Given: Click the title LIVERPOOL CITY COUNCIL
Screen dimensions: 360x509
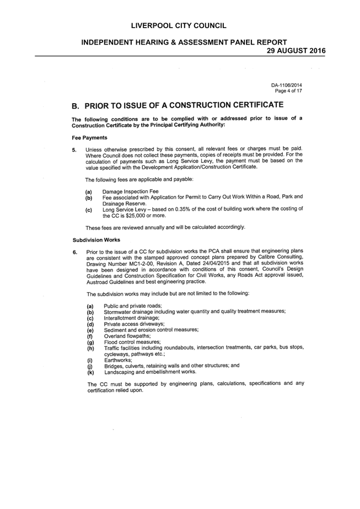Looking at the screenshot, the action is (x=179, y=26).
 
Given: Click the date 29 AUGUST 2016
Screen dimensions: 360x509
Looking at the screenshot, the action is (x=296, y=51).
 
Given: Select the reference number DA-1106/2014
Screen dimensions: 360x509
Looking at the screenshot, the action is (x=287, y=85).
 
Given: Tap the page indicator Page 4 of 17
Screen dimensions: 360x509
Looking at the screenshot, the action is (x=288, y=91).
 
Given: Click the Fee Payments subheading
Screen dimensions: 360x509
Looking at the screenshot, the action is (x=90, y=138).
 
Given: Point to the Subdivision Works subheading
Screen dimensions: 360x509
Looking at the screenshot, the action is (x=96, y=240).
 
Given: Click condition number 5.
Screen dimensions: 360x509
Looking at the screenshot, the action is (x=74, y=150).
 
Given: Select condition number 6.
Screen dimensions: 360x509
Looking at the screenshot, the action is (x=75, y=252).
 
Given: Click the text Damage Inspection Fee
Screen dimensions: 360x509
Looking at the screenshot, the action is (x=131, y=191).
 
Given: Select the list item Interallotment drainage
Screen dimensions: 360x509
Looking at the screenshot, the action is (x=132, y=318).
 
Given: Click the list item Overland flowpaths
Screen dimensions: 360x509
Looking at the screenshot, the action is (x=127, y=336).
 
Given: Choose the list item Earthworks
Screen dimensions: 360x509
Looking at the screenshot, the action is (x=118, y=360).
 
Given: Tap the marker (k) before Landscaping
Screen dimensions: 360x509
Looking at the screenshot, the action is (x=90, y=372).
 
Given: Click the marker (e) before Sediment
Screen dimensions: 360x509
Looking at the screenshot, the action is (x=90, y=330).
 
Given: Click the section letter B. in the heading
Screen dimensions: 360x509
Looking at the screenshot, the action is (x=76, y=106).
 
